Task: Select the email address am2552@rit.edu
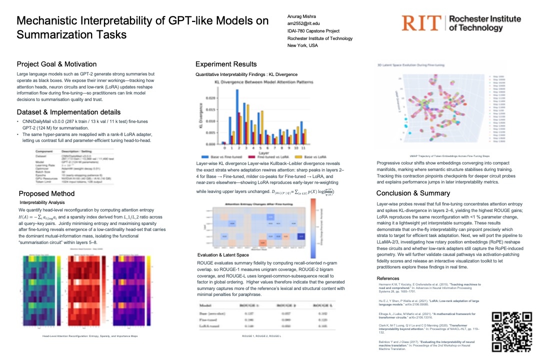coord(303,23)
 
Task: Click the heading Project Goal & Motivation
coord(56,64)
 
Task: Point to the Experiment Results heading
coord(226,64)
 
